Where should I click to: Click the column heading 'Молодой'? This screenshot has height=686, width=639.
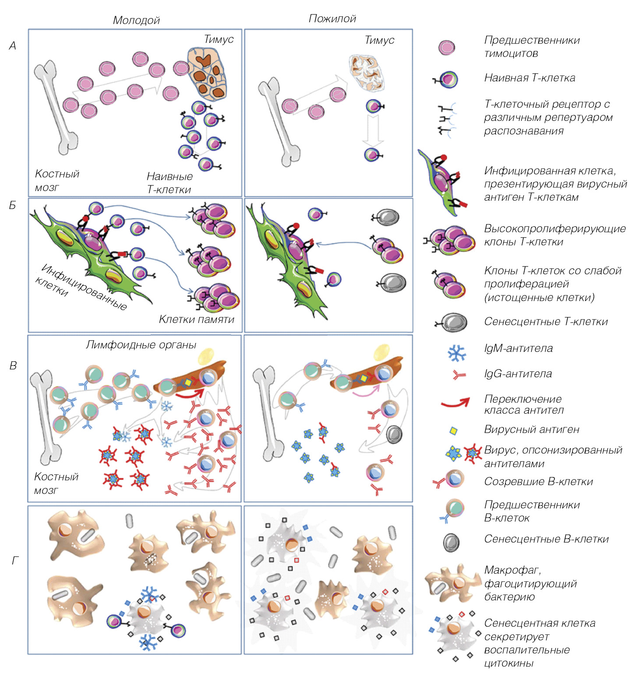click(136, 20)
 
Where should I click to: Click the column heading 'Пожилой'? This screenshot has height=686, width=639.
click(332, 18)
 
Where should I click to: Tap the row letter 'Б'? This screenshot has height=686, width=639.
click(13, 205)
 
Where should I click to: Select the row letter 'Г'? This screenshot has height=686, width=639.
click(15, 560)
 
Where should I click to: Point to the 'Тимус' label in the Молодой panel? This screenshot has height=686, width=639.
click(219, 39)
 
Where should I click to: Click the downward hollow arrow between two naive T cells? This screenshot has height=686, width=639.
click(373, 130)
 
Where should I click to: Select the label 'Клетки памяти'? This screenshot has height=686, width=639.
click(197, 319)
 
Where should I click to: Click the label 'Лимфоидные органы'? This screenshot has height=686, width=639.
click(141, 345)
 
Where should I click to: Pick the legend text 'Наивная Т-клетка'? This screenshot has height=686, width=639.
click(530, 78)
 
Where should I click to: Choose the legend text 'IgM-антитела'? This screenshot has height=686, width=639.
click(519, 348)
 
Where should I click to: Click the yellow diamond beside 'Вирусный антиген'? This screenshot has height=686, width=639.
click(454, 430)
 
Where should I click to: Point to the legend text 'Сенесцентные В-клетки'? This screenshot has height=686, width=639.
click(546, 539)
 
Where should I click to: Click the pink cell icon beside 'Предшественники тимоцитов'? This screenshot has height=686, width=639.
click(447, 47)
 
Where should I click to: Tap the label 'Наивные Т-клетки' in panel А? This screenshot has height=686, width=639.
click(169, 183)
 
